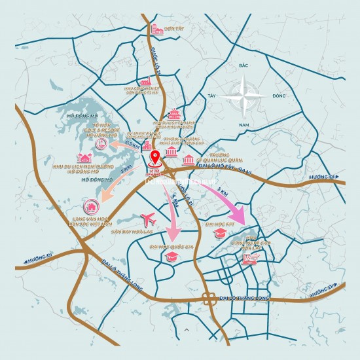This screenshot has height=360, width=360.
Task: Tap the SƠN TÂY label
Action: (x=173, y=29)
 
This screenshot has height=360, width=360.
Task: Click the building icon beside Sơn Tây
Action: (x=157, y=29)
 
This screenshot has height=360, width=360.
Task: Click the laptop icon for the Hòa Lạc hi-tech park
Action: (x=249, y=259)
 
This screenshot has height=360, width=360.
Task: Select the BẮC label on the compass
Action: (x=245, y=66)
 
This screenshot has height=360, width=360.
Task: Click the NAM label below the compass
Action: (x=245, y=124)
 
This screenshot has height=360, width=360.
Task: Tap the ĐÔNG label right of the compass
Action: (x=278, y=96)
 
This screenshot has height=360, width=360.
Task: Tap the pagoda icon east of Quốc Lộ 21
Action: (x=173, y=115)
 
